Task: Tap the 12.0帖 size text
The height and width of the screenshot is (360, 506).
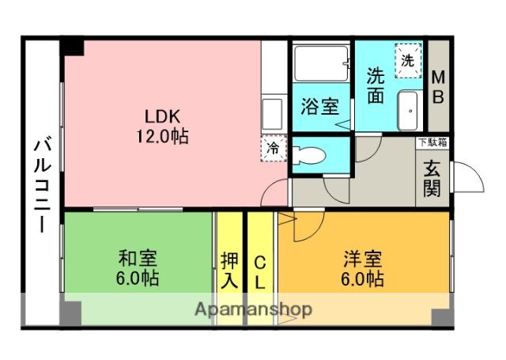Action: [x=160, y=136]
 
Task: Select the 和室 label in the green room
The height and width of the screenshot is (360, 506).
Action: [x=138, y=259]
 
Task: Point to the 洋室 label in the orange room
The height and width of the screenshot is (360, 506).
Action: [x=363, y=259]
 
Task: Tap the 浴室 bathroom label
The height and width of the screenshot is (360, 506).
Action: [x=320, y=107]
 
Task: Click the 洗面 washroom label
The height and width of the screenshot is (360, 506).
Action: [x=376, y=85]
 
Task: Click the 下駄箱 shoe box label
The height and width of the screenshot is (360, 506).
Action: [x=432, y=142]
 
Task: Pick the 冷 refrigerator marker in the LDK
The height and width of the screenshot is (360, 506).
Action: [x=273, y=148]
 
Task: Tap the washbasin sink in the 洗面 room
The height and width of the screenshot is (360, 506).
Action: [x=410, y=111]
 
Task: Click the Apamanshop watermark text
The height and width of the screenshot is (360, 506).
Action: [x=253, y=309]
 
